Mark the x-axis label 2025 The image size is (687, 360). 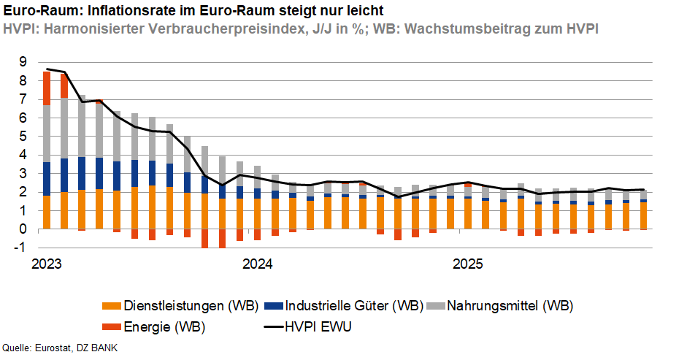click(467, 263)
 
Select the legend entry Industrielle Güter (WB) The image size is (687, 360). click(354, 305)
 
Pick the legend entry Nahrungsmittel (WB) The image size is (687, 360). click(510, 305)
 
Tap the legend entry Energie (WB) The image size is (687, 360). click(164, 326)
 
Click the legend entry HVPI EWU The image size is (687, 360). click(318, 326)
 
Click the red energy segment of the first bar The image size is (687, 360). click(47, 88)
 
